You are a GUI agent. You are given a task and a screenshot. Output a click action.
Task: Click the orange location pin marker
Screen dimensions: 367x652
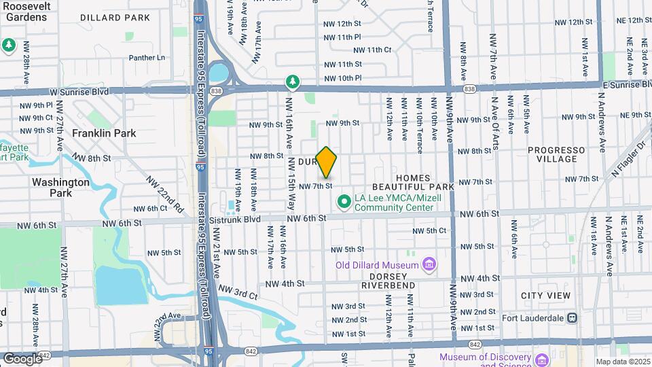tap(327, 162)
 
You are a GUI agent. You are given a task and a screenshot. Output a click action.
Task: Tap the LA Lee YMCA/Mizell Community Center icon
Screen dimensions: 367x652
tap(344, 202)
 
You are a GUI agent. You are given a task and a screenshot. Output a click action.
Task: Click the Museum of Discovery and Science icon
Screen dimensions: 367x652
tap(542, 360)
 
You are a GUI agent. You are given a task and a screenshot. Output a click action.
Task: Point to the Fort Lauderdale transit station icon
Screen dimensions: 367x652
tap(573, 317)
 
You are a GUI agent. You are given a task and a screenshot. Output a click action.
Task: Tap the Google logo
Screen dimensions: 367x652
tap(22, 359)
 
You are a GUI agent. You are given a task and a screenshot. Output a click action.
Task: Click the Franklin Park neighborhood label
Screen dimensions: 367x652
tap(105, 133)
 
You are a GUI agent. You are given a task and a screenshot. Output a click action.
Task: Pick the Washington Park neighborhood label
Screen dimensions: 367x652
tap(60, 188)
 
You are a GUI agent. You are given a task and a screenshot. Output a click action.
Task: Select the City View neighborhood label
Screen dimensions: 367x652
tap(545, 296)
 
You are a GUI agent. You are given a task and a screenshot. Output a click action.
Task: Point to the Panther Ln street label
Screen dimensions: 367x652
tap(147, 58)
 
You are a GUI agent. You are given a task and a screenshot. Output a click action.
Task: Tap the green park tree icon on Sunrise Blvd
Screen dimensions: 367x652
tap(292, 82)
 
